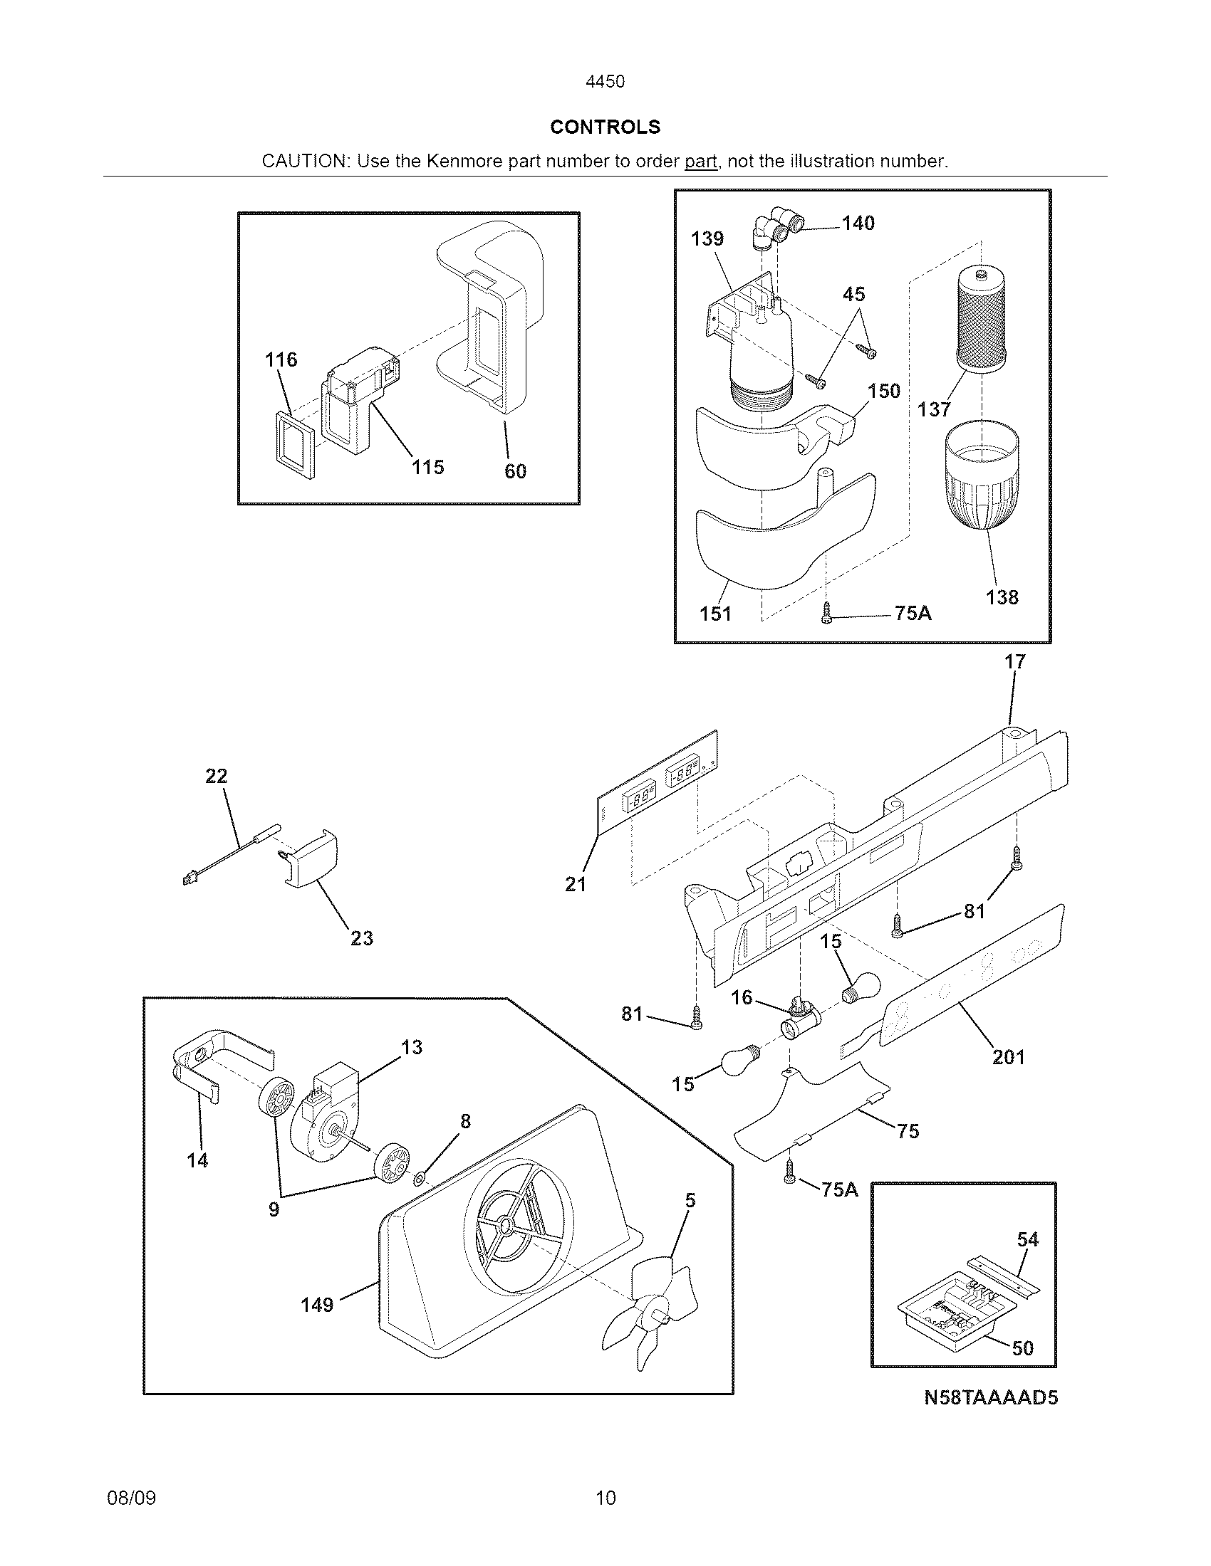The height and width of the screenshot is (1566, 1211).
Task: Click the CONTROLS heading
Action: (605, 127)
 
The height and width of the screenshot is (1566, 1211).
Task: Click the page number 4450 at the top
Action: (605, 82)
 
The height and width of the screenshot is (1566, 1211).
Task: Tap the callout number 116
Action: (281, 359)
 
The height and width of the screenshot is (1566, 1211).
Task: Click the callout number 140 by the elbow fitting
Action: (858, 223)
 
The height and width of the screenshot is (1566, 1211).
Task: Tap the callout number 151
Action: (715, 613)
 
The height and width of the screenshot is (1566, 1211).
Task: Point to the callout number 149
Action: (317, 1304)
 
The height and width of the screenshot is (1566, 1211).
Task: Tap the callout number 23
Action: (362, 938)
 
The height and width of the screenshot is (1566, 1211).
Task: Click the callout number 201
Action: (1008, 1057)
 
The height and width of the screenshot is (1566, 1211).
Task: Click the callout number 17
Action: (1015, 662)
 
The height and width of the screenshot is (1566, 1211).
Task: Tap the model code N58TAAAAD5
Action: (991, 1397)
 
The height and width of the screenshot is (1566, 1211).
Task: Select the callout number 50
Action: (1022, 1348)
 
